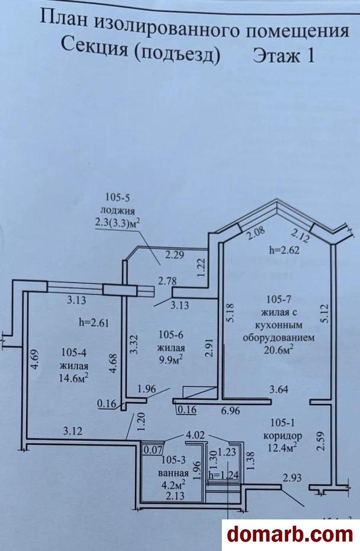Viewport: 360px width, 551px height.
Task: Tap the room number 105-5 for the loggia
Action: pyautogui.click(x=117, y=198)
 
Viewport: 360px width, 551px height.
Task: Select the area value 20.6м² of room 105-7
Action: pyautogui.click(x=279, y=350)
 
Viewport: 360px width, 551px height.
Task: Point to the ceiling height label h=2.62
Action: pyautogui.click(x=284, y=250)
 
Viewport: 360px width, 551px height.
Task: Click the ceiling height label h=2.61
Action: pyautogui.click(x=94, y=322)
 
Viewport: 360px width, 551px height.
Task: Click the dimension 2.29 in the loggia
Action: pyautogui.click(x=174, y=255)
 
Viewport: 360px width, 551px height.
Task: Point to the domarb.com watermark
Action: pyautogui.click(x=290, y=534)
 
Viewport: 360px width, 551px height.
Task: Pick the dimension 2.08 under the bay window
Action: pyautogui.click(x=256, y=233)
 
